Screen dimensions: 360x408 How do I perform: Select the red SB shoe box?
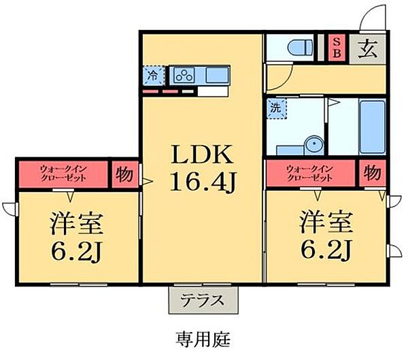click(x=336, y=48)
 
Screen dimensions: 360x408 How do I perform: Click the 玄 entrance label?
click(x=368, y=48)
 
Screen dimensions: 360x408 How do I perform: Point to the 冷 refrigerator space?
click(x=153, y=76)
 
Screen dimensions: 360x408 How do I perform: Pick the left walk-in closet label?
click(x=62, y=173)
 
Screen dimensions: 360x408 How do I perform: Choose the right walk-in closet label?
click(x=310, y=173)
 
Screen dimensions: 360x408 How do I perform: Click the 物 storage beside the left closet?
click(x=122, y=173)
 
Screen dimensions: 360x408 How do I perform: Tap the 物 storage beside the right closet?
click(x=371, y=173)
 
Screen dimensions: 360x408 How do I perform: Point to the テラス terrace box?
click(x=202, y=299)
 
